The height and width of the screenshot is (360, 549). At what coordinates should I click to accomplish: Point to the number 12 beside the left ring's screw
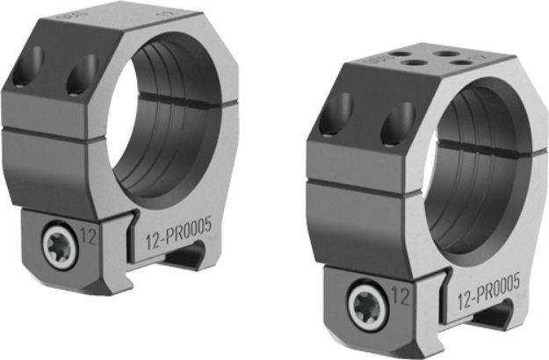pyautogui.click(x=88, y=234)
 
